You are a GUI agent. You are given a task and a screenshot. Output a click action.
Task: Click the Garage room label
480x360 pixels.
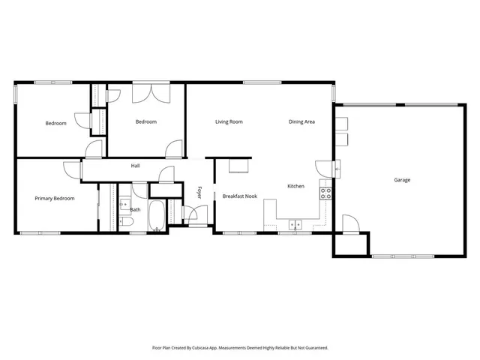[x=402, y=180]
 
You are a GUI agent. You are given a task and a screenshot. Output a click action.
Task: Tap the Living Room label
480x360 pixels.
[x=229, y=121]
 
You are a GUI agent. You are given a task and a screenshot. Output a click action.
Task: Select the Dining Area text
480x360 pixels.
[x=301, y=121]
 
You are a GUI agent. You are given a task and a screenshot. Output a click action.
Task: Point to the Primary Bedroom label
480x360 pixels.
[x=55, y=199]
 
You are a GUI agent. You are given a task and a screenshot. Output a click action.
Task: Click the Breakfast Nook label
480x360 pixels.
[x=240, y=196]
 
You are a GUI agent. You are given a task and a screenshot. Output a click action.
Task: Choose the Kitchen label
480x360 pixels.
[x=295, y=186]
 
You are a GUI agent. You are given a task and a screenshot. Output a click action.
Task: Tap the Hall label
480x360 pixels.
[x=136, y=166]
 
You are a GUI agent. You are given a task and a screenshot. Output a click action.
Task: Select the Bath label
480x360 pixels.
[x=135, y=210]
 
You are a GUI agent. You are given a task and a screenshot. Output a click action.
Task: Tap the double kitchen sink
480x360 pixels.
[x=296, y=223]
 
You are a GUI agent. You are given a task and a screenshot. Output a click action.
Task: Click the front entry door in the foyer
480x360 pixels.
[x=197, y=223]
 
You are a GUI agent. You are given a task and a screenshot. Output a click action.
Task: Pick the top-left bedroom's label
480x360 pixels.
[x=55, y=124]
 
